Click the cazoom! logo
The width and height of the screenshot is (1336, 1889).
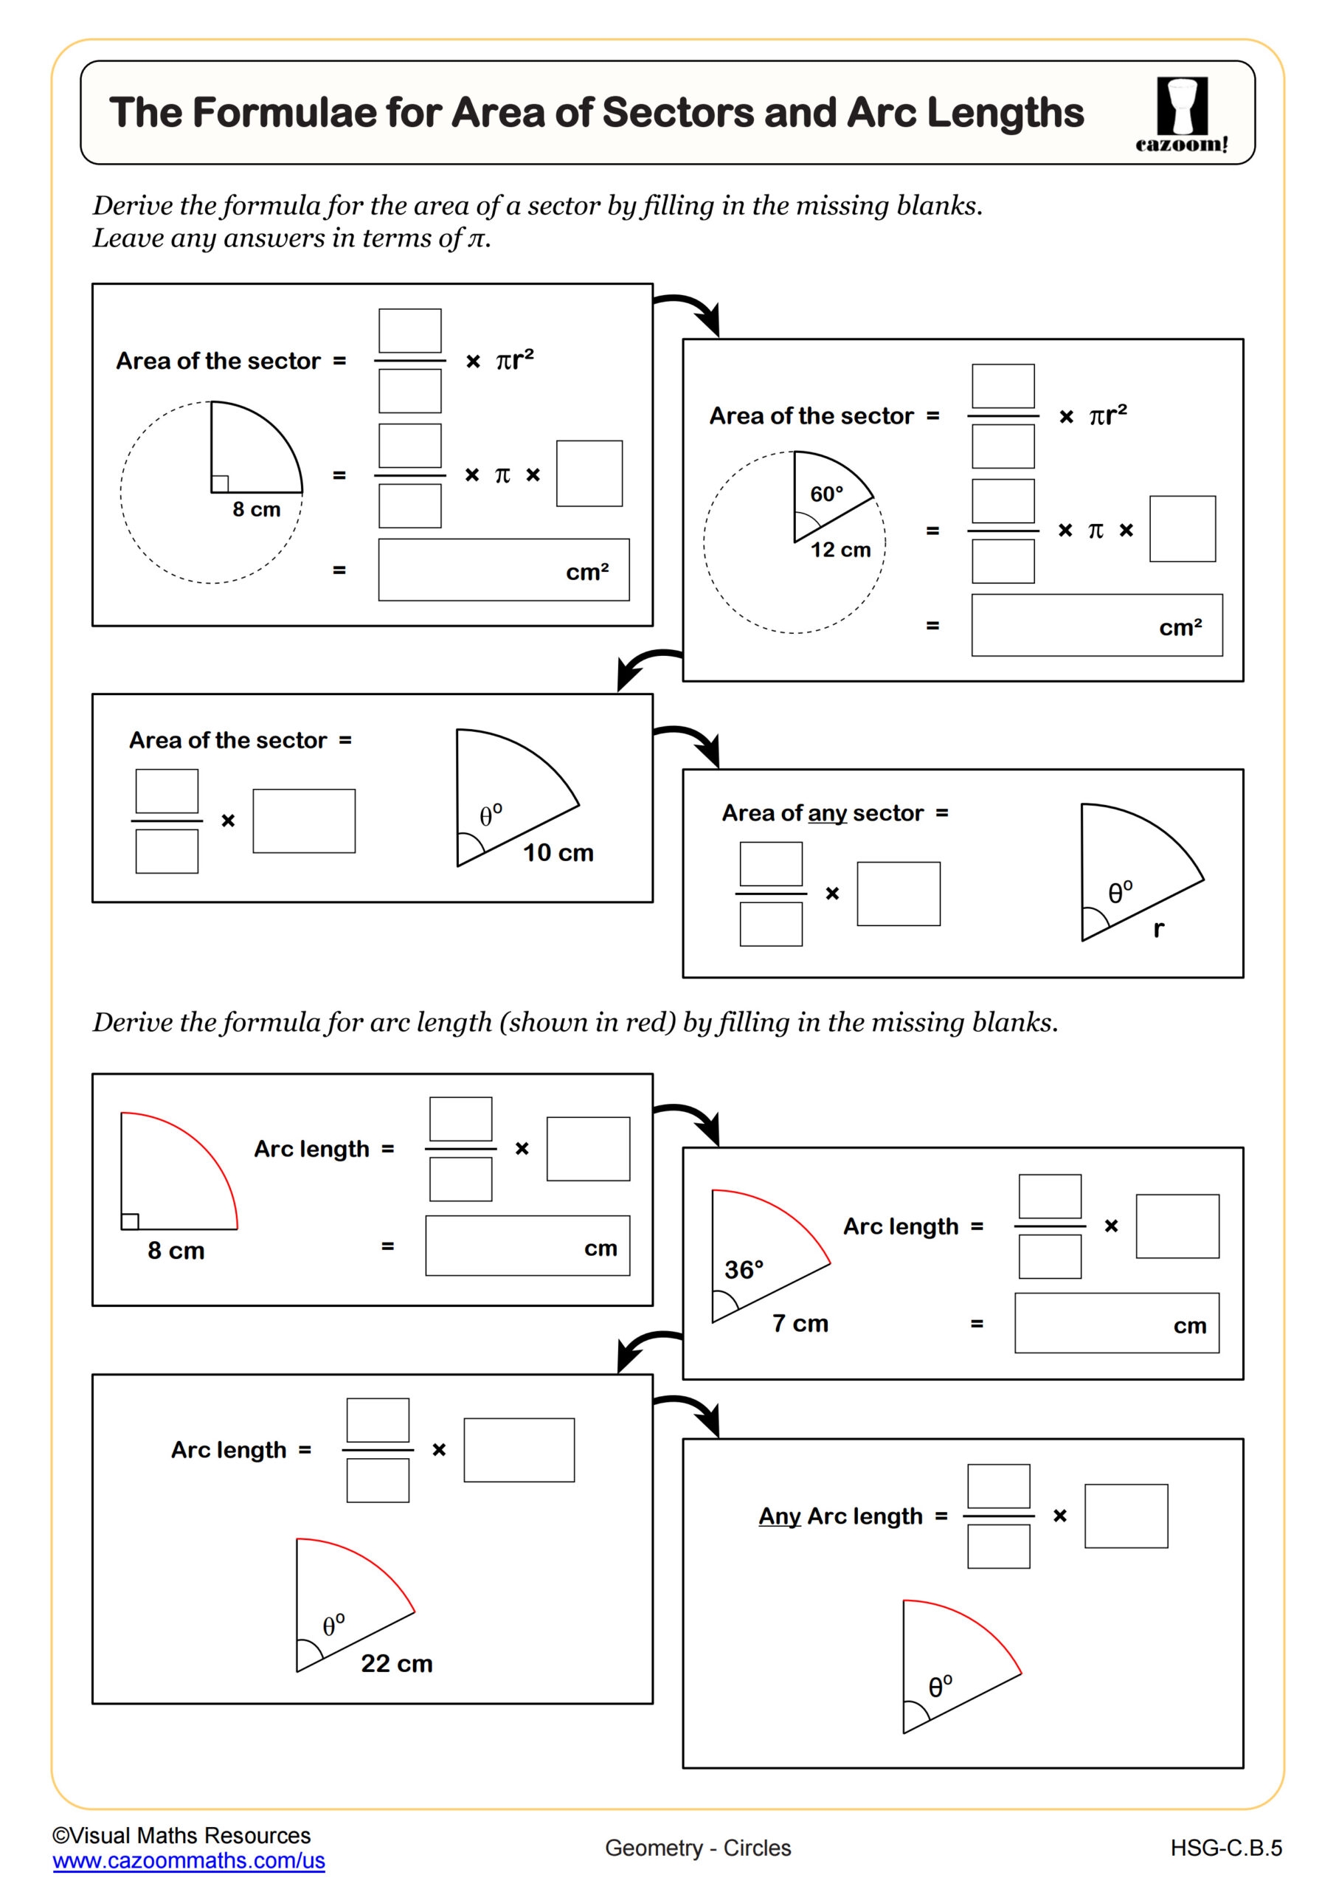(x=1181, y=114)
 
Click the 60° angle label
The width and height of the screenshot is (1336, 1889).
(x=826, y=494)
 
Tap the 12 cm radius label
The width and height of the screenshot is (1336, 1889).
(x=840, y=550)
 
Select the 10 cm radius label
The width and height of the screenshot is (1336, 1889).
(x=558, y=852)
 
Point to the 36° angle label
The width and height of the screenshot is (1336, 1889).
(x=744, y=1269)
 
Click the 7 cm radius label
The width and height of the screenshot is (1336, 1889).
(x=800, y=1323)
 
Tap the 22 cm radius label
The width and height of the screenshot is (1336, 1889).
(x=397, y=1663)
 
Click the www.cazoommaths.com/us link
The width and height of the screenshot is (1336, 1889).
(x=188, y=1860)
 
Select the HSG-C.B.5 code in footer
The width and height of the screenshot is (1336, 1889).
(x=1226, y=1848)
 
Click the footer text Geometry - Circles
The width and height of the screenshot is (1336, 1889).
(x=698, y=1848)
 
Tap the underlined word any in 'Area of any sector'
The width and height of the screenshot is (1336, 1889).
(x=827, y=813)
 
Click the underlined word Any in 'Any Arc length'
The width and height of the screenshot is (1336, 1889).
(x=779, y=1516)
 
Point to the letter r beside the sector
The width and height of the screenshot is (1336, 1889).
(x=1158, y=929)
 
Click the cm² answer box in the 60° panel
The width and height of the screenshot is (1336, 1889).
(x=1096, y=625)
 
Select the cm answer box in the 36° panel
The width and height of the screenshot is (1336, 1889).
(x=1115, y=1323)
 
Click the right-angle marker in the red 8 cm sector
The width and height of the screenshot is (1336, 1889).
(x=130, y=1221)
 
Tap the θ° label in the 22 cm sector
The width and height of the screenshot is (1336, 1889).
(x=333, y=1625)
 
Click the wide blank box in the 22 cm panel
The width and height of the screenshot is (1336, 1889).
(x=519, y=1450)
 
